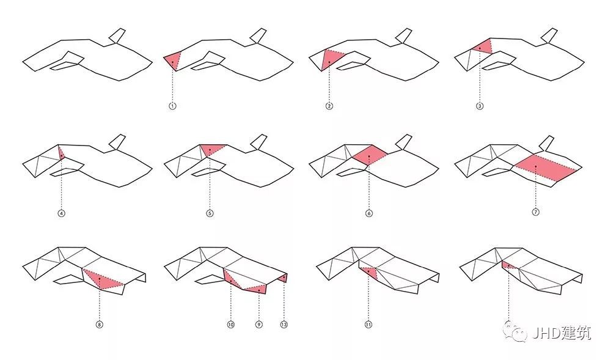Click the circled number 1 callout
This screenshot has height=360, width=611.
[172, 106]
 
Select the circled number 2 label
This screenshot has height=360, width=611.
[329, 106]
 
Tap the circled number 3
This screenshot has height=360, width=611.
[480, 106]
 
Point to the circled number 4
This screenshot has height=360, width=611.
[61, 213]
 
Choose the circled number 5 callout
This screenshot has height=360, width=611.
[210, 213]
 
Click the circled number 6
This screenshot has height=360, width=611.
[368, 213]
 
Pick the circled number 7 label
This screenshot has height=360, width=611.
[535, 212]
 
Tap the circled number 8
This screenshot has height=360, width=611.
[100, 324]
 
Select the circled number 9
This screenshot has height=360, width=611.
[258, 324]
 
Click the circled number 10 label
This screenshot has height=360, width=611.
[231, 324]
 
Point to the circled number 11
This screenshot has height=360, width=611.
[368, 324]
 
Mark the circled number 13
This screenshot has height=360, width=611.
[284, 324]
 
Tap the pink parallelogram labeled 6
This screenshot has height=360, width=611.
[370, 154]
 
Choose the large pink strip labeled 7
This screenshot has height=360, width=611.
[544, 167]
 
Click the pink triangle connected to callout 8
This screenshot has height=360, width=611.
[102, 280]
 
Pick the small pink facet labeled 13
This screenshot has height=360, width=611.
[284, 277]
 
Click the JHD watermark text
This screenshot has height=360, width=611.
[561, 333]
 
